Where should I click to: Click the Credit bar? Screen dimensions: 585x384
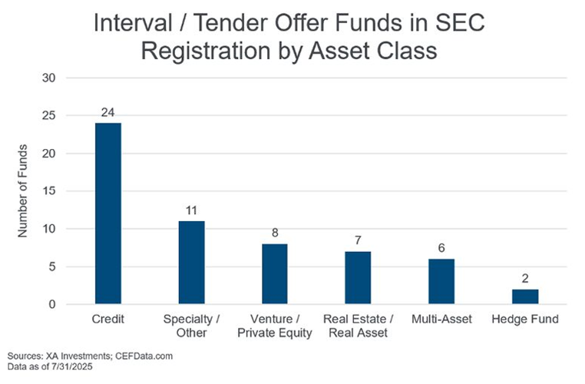[108, 214]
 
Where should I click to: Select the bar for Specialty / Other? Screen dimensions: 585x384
[191, 263]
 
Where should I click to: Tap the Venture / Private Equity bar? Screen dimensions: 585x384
[275, 274]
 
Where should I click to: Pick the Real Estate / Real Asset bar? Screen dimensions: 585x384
[358, 278]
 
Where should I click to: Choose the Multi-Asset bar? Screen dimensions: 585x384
[441, 281]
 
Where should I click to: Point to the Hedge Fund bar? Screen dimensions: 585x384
[525, 296]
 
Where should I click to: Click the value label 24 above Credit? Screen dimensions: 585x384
[107, 113]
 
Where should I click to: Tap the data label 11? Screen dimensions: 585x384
[191, 210]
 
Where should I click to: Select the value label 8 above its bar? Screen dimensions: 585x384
[275, 233]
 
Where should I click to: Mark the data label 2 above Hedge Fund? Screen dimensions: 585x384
[525, 278]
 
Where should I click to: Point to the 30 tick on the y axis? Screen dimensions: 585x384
[49, 78]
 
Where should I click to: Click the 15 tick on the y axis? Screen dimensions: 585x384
[49, 191]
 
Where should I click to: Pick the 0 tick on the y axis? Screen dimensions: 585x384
[52, 305]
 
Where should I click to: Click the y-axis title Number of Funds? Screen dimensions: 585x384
[22, 190]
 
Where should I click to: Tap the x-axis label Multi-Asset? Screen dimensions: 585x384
[441, 319]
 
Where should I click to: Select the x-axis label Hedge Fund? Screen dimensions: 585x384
[525, 319]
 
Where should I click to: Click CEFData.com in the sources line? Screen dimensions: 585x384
[144, 356]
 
